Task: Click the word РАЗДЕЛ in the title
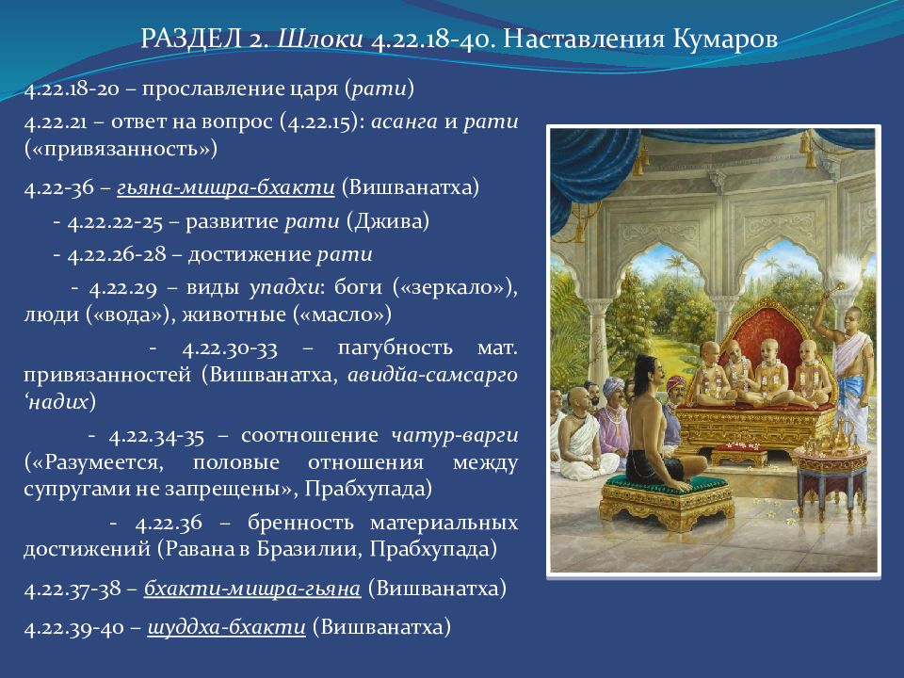pos(190,40)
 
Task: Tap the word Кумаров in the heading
pos(725,40)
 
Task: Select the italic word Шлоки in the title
pos(320,40)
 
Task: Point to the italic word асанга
pos(404,122)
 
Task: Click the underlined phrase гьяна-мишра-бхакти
pos(226,188)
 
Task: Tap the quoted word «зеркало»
pos(454,287)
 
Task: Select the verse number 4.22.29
pos(122,288)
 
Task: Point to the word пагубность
pos(395,348)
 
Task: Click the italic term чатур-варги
pos(454,435)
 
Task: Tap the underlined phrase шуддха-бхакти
pos(227,627)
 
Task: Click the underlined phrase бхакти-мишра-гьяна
pos(252,589)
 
